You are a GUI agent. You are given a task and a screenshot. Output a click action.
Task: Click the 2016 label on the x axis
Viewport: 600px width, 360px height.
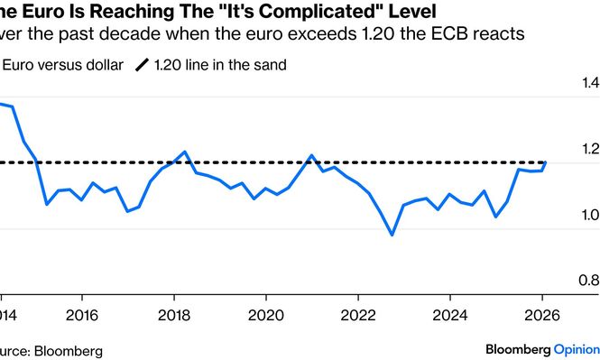(82, 316)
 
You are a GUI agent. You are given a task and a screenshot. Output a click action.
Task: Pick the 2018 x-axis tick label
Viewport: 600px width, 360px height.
(174, 316)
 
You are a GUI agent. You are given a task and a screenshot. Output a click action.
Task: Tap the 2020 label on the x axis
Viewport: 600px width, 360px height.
(266, 316)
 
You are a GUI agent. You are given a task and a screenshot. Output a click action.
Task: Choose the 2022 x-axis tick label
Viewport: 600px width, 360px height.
(358, 316)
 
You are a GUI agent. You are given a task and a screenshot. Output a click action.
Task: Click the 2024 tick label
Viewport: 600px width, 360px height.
(450, 316)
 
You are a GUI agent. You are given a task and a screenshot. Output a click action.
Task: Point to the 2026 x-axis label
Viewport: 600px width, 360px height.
(542, 316)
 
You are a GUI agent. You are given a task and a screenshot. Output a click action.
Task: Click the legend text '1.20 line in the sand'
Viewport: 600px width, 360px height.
(224, 65)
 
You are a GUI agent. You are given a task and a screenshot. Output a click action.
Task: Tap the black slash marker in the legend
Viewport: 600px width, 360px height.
(143, 65)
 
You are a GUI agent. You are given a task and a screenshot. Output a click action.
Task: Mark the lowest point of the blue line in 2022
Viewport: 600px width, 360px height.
(392, 235)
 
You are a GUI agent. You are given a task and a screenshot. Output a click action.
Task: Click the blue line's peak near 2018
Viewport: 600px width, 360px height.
(184, 152)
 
